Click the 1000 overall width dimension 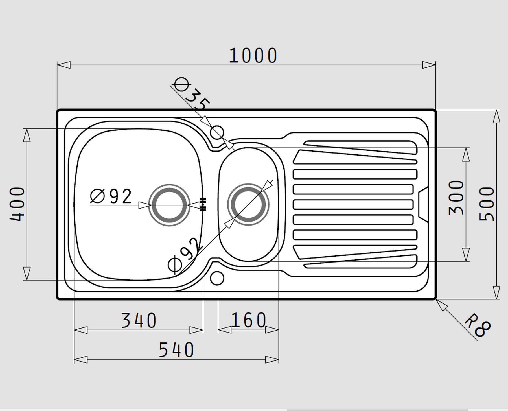pos(253,56)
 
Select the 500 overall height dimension pos(487,204)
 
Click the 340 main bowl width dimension pos(139,321)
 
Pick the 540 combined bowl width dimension pos(176,350)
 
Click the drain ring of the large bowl pos(169,205)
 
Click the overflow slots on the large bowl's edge pos(203,204)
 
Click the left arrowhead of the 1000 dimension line pos(64,65)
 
